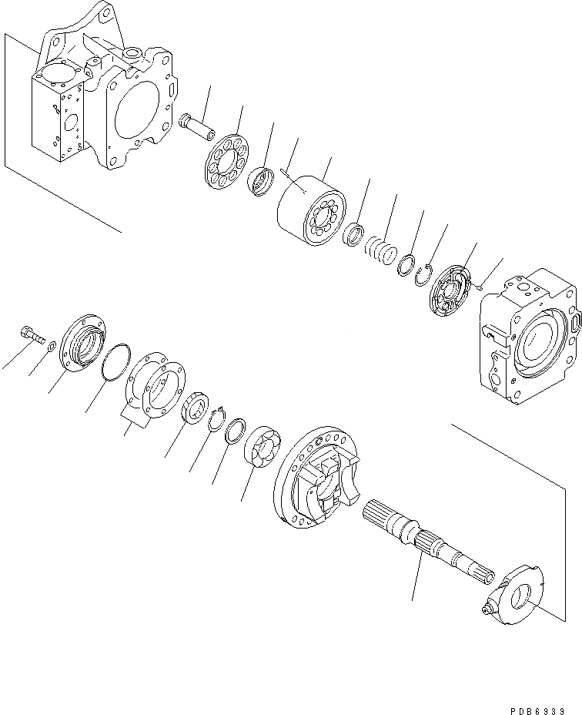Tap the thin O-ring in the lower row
tap(116, 363)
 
